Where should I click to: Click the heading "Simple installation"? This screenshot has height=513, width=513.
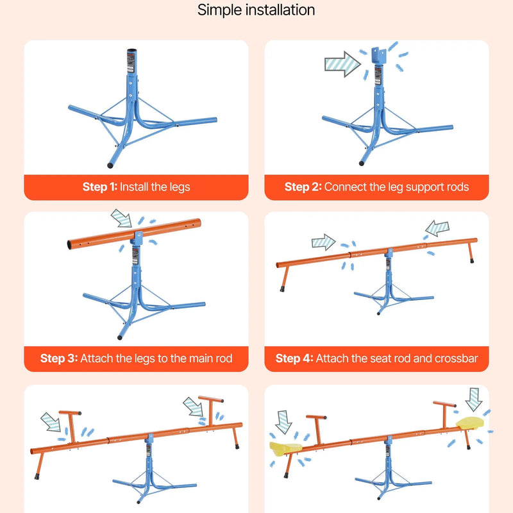pyautogui.click(x=256, y=10)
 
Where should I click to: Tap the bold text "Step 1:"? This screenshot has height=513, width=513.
pyautogui.click(x=100, y=187)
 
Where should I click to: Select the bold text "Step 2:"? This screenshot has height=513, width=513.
pyautogui.click(x=303, y=187)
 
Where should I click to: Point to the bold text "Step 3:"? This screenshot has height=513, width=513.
pyautogui.click(x=59, y=358)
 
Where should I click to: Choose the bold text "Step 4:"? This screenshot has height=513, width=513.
pyautogui.click(x=294, y=358)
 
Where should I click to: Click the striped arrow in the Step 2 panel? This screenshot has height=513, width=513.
pyautogui.click(x=342, y=63)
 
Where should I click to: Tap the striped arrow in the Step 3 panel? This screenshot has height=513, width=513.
pyautogui.click(x=121, y=218)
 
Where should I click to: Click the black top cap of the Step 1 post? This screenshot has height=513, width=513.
pyautogui.click(x=131, y=51)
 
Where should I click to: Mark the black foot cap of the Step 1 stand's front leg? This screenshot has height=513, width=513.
pyautogui.click(x=110, y=165)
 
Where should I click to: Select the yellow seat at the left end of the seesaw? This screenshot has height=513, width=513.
pyautogui.click(x=285, y=448)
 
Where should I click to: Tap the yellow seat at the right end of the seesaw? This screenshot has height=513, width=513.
pyautogui.click(x=470, y=423)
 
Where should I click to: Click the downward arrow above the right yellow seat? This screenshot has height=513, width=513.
pyautogui.click(x=473, y=399)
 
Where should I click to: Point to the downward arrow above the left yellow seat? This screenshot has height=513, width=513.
pyautogui.click(x=283, y=422)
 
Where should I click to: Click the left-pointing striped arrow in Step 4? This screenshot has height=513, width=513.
pyautogui.click(x=437, y=228)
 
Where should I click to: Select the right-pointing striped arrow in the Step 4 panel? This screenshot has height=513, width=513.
pyautogui.click(x=323, y=242)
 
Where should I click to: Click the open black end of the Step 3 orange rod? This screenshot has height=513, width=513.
pyautogui.click(x=70, y=245)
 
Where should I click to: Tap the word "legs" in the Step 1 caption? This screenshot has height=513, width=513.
pyautogui.click(x=180, y=187)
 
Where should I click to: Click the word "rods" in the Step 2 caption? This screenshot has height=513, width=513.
pyautogui.click(x=458, y=187)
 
